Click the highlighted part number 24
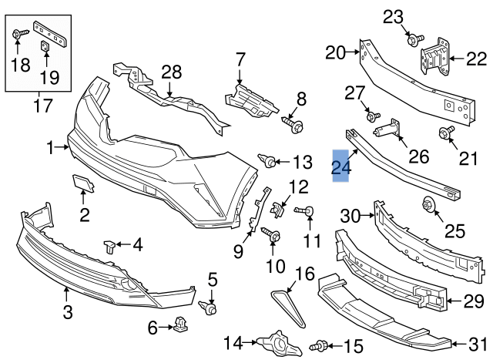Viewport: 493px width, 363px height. [340, 165]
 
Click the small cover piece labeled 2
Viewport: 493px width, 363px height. [82, 183]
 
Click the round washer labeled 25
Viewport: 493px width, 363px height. [429, 205]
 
